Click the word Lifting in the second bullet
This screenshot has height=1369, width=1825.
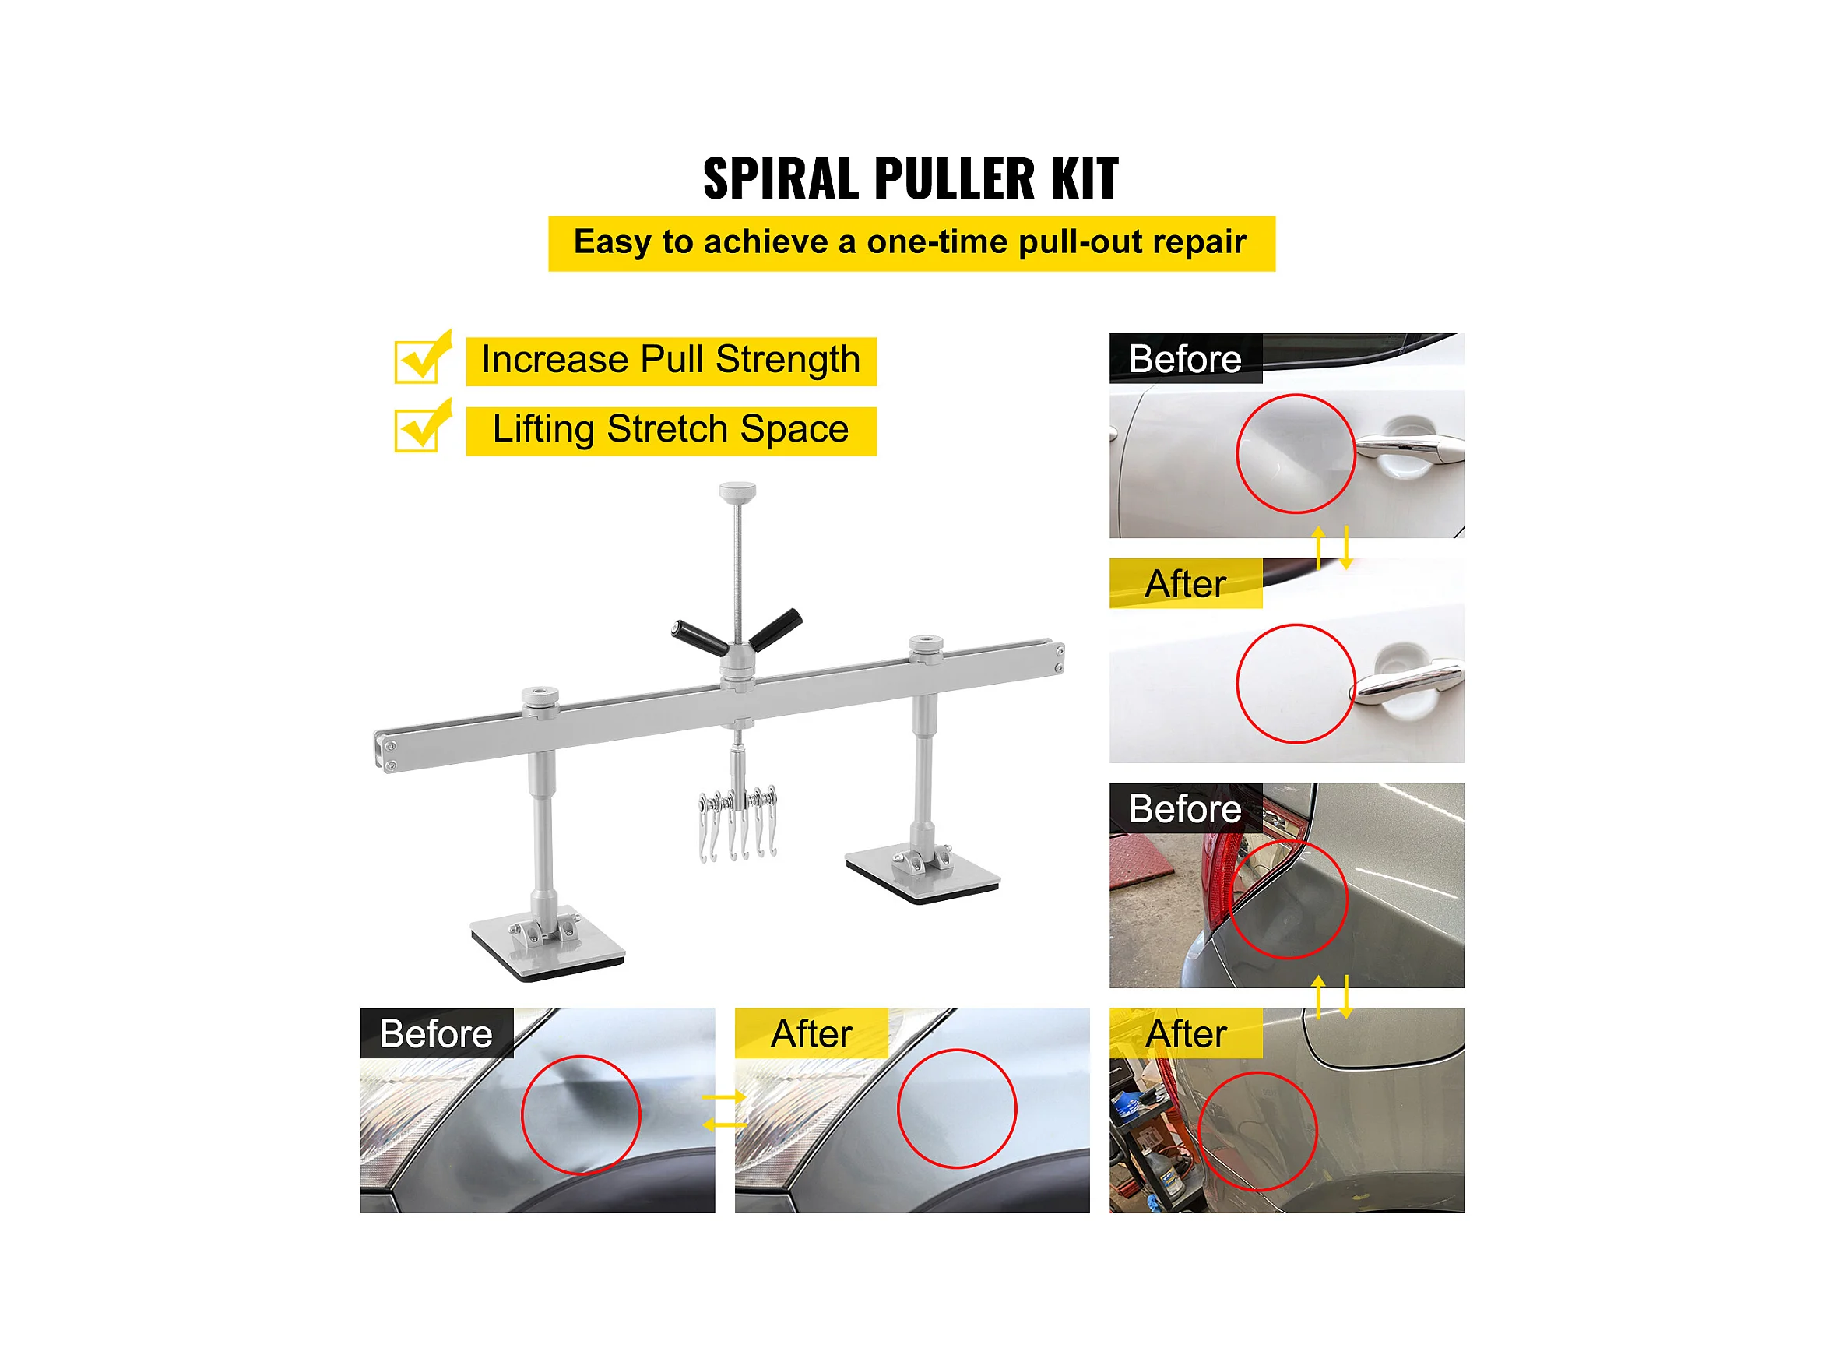point(543,430)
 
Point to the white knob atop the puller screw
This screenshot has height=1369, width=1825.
point(737,493)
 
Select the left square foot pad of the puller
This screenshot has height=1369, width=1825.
point(547,948)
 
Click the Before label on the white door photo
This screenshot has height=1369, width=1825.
point(1185,359)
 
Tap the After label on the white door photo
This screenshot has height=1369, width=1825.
point(1185,584)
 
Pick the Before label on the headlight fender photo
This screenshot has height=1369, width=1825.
point(436,1034)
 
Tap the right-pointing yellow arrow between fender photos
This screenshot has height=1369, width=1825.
point(723,1097)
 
